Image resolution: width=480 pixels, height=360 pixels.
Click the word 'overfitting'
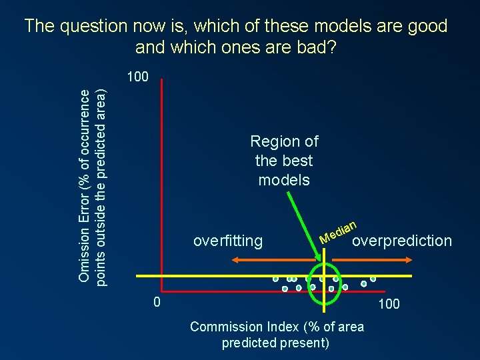click(x=227, y=241)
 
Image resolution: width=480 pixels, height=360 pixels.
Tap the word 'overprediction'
click(x=401, y=241)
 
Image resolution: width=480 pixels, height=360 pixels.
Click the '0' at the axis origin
click(x=156, y=303)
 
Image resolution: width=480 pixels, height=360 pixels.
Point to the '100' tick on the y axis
click(x=137, y=77)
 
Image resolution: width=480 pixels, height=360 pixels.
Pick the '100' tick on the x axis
click(x=389, y=304)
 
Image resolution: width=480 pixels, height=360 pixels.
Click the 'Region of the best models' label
click(x=284, y=161)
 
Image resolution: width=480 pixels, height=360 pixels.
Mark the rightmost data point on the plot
click(x=373, y=278)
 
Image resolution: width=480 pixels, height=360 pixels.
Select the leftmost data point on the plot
click(x=275, y=279)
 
